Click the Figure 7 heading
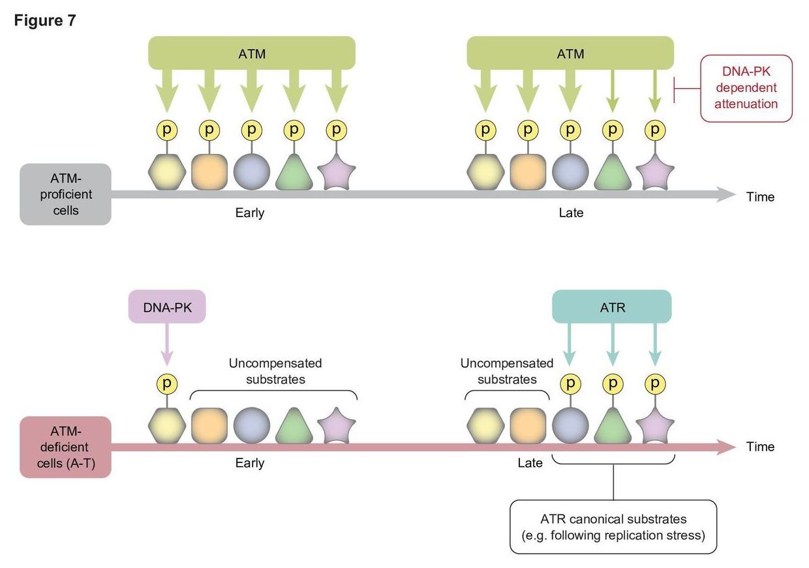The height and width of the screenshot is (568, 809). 44,21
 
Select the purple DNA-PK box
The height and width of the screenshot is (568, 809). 167,307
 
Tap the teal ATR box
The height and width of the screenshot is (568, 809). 612,306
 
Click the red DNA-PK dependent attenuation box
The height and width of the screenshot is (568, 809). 746,88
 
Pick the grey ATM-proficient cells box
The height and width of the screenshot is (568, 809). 65,194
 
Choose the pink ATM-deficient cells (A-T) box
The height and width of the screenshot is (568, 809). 65,447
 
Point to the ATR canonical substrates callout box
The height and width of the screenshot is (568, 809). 613,527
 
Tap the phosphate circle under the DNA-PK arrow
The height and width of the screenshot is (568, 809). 167,383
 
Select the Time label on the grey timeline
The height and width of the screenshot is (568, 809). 760,197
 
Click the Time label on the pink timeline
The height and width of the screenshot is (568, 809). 760,447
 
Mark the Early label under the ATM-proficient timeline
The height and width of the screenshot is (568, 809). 250,213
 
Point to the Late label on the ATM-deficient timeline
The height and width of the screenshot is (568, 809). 530,463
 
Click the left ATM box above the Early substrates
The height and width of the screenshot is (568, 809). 252,53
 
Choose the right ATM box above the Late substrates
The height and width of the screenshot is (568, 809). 570,53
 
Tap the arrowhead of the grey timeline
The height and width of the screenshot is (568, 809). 726,194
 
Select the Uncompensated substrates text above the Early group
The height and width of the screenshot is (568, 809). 275,371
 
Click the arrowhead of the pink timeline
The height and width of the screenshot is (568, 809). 726,447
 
